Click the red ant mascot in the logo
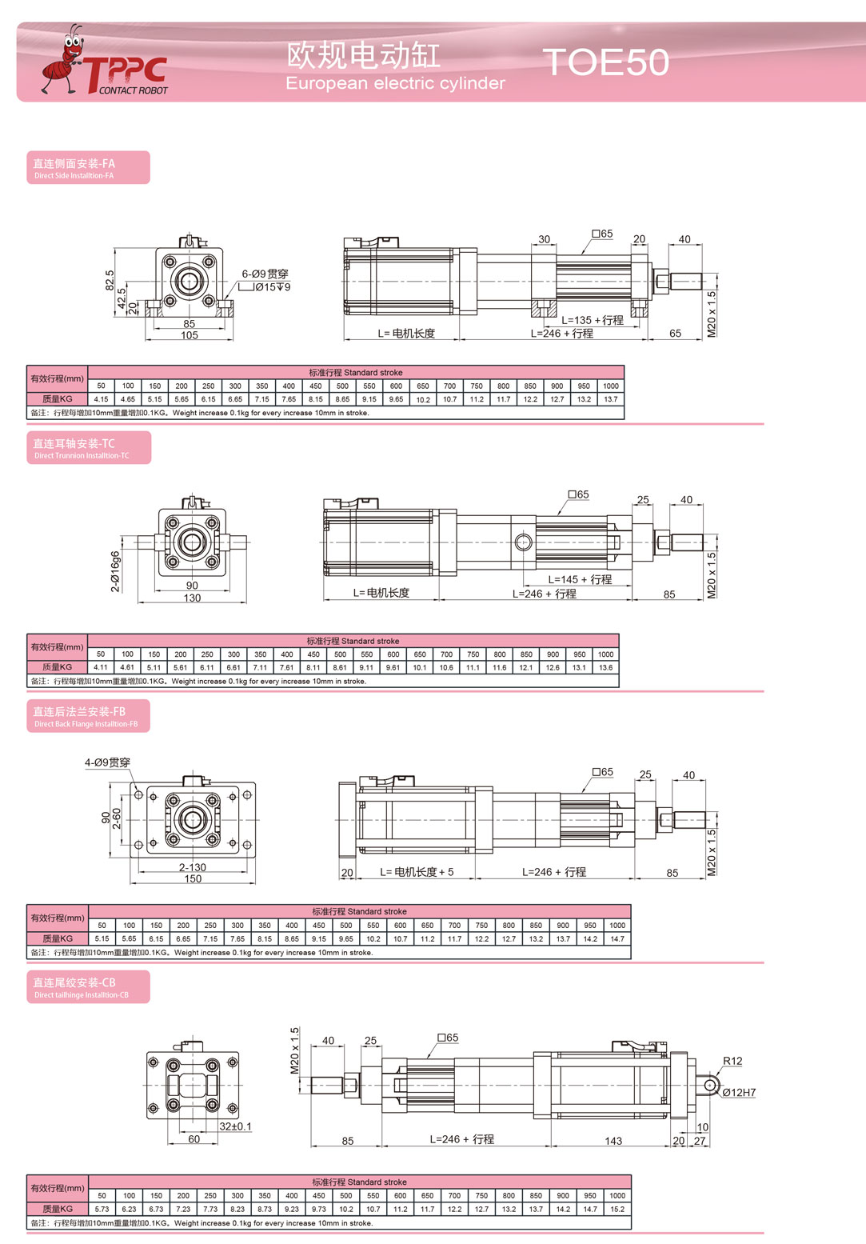62,60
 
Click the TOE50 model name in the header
605,62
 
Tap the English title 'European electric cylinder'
395,83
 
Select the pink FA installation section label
88,167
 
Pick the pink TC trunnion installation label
89,448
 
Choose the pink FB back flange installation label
88,716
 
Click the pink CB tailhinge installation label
88,987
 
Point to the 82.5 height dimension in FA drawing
110,281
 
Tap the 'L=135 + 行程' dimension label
593,321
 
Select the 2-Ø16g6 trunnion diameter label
115,571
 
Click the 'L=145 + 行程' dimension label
580,580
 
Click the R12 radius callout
732,1061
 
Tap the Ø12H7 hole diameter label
739,1092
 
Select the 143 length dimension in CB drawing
613,1141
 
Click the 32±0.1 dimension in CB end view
235,1126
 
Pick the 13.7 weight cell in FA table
611,399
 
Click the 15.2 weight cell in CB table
617,1209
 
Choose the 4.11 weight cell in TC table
101,667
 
